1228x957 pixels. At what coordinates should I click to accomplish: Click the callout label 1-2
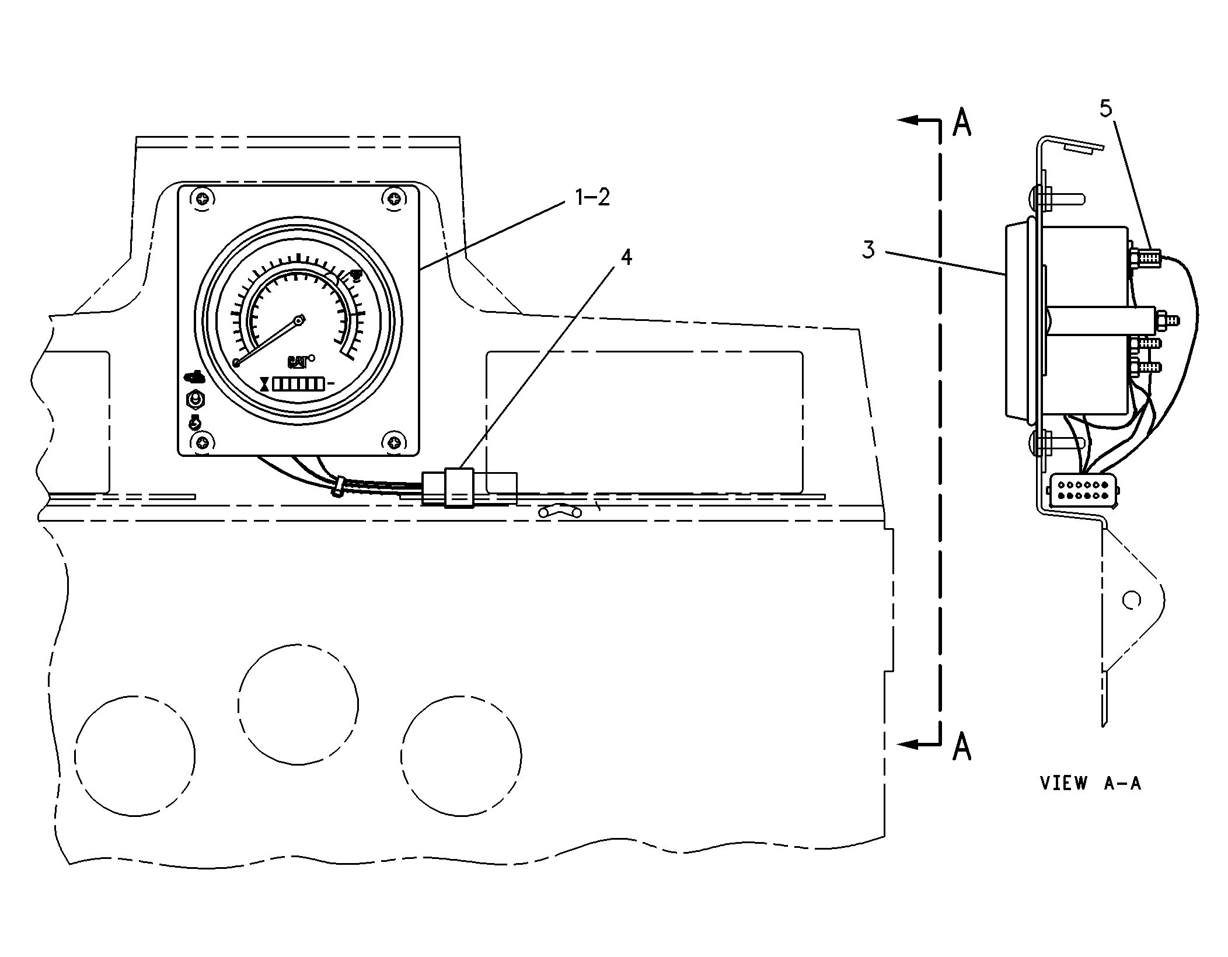coord(592,198)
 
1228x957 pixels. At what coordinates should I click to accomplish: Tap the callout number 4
coord(626,257)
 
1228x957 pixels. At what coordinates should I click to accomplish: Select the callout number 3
coord(868,250)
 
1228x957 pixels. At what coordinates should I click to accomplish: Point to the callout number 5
coord(1105,109)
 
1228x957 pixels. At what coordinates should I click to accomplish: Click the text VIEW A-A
coord(1090,783)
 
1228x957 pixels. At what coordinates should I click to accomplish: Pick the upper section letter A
coord(961,122)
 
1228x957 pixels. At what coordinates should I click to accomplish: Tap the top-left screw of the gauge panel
coord(202,198)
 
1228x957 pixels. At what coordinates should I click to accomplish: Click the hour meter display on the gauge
coord(298,383)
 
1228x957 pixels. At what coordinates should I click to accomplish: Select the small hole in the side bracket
coord(1131,600)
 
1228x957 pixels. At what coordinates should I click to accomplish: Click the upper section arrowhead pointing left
coord(906,121)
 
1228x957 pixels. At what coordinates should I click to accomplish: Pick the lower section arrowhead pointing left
coord(906,745)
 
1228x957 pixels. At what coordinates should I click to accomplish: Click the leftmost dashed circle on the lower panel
coord(135,756)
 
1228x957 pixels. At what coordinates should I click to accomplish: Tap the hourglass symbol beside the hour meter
coord(266,383)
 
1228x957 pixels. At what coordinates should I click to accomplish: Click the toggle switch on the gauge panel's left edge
coord(195,400)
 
